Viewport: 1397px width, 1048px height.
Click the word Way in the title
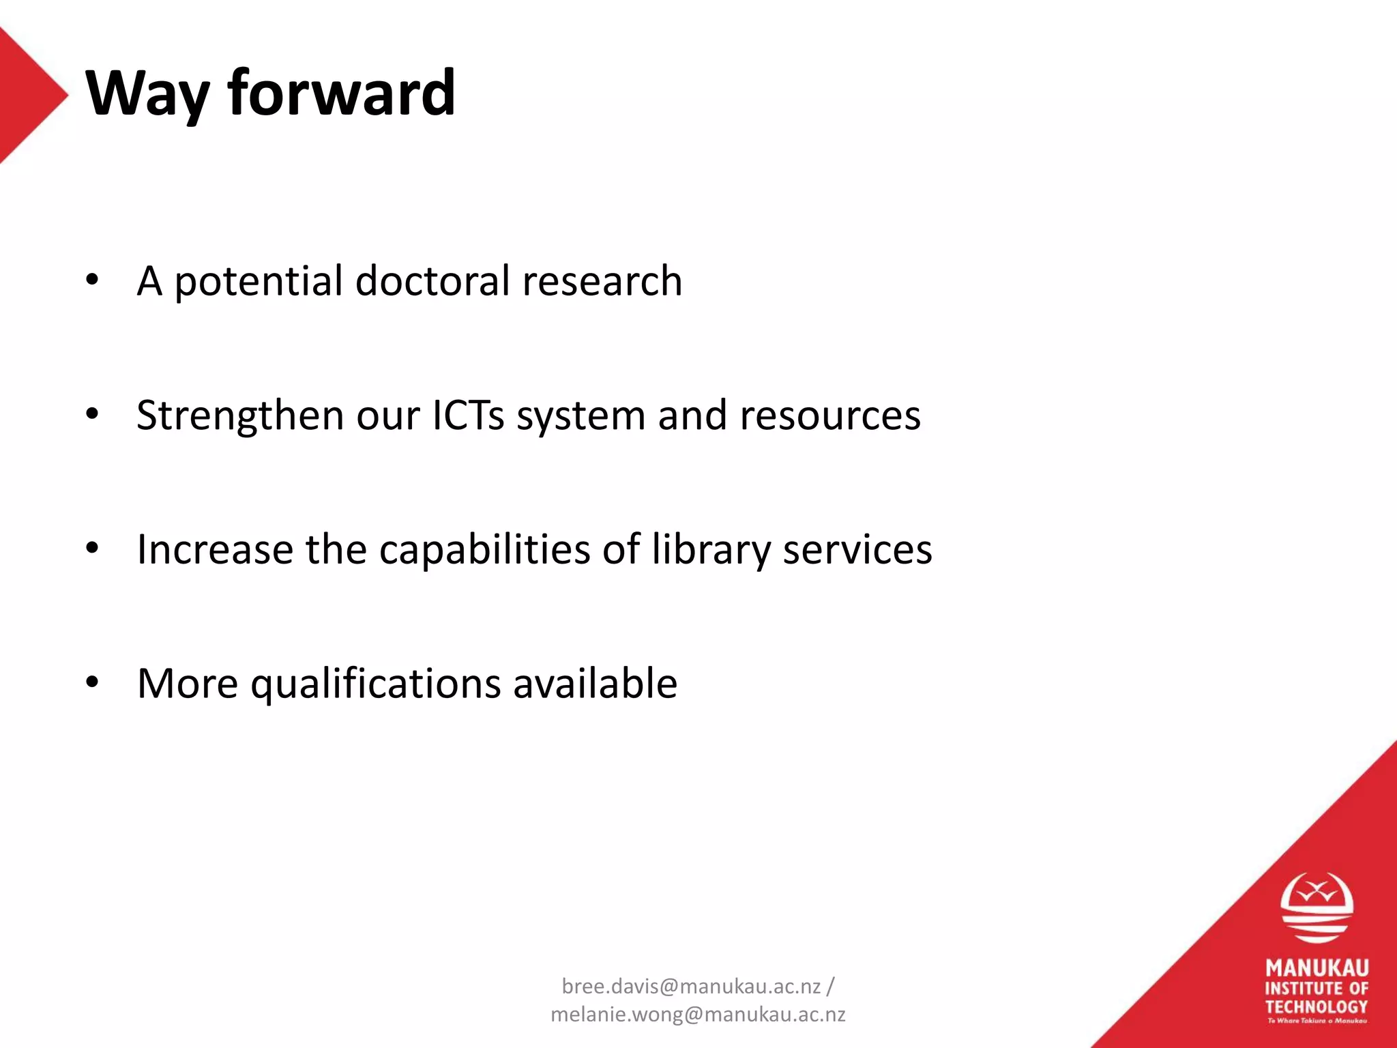tap(147, 94)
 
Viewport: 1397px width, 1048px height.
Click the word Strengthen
tap(239, 416)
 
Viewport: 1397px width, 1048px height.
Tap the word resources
tap(830, 416)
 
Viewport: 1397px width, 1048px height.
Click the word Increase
tap(215, 549)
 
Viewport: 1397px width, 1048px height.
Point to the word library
tap(711, 549)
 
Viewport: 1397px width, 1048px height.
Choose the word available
tap(595, 683)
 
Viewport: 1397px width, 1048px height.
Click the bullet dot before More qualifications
tap(93, 682)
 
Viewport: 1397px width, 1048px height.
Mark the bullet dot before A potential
tap(93, 279)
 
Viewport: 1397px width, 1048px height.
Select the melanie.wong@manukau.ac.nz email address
tap(698, 1015)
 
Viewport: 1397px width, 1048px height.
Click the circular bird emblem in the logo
tap(1317, 907)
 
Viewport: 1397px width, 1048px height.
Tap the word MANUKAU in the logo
tap(1317, 967)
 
